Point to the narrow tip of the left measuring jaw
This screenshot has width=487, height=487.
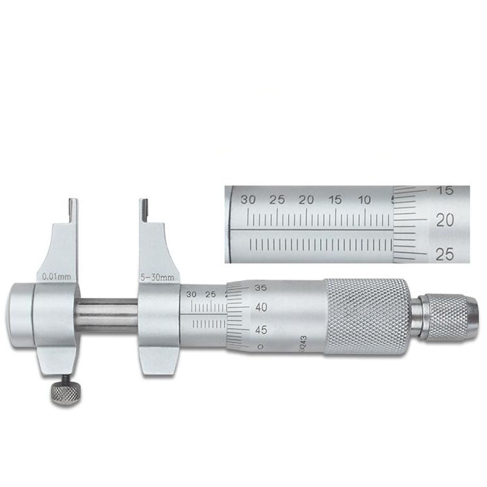[x=73, y=211]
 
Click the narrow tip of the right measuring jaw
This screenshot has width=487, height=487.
[x=144, y=211]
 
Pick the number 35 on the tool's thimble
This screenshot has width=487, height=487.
[x=261, y=287]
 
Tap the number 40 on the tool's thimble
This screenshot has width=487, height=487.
[x=261, y=308]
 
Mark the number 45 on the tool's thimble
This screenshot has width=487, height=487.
[x=261, y=329]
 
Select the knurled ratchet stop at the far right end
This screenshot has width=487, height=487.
[x=448, y=317]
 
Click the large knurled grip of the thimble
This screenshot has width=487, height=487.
[x=365, y=316]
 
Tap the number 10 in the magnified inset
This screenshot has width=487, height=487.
[x=365, y=200]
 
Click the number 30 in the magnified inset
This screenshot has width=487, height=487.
[x=247, y=200]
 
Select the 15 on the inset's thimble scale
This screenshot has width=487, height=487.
[x=446, y=191]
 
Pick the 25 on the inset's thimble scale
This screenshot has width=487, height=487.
[x=446, y=254]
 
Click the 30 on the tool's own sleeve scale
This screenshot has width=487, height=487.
[x=192, y=294]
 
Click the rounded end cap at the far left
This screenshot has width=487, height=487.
[x=19, y=315]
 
